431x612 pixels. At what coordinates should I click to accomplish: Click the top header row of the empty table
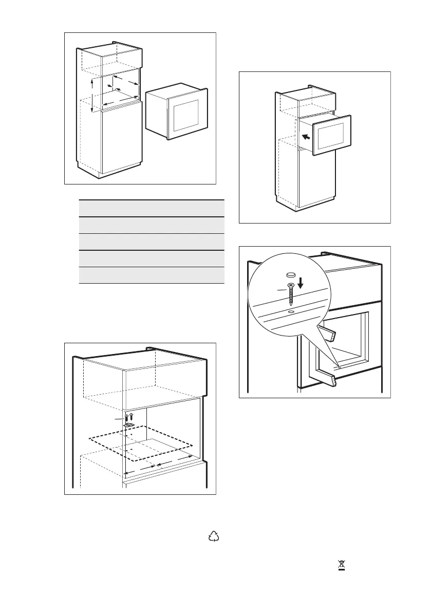pos(152,208)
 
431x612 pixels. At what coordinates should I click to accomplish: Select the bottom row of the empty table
pos(152,275)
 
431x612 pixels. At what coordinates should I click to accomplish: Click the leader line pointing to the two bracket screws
pos(120,419)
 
